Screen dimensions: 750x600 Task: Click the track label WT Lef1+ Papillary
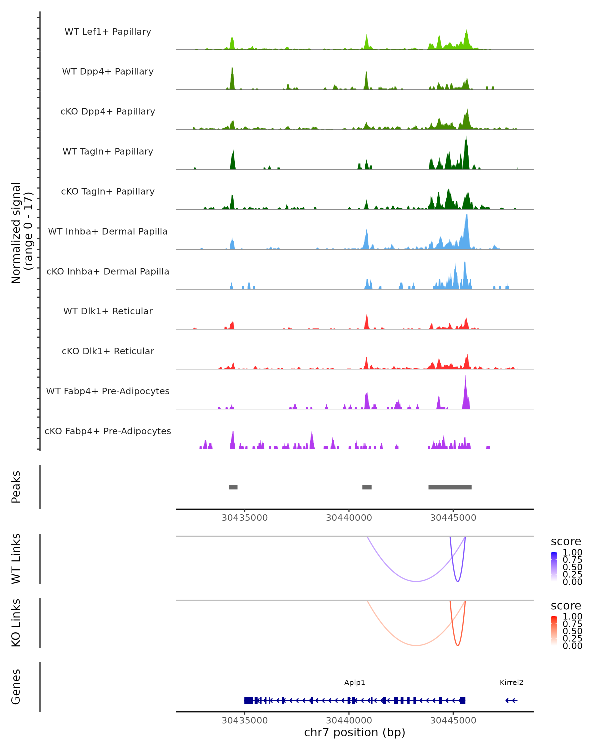pos(108,32)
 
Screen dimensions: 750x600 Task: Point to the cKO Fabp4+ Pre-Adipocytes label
pos(108,431)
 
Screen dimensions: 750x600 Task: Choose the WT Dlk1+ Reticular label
pos(108,311)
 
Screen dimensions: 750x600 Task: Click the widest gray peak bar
pos(450,487)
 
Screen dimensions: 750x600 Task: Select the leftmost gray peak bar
pos(233,487)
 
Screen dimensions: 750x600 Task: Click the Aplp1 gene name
pos(354,682)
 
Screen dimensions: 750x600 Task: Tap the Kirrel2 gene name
pos(511,682)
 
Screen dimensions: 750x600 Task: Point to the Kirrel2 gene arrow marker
pos(511,700)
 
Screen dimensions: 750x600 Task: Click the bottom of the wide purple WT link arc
pos(416,581)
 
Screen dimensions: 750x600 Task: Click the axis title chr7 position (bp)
pos(354,732)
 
